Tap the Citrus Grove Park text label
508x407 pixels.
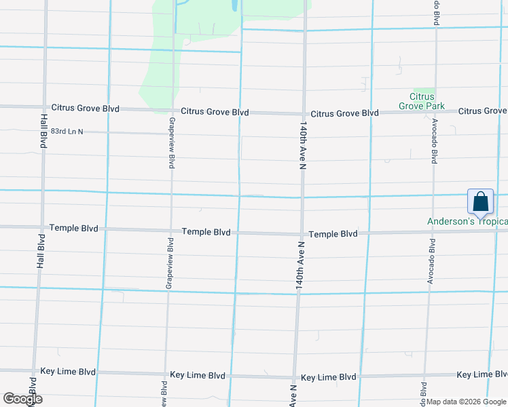(421, 102)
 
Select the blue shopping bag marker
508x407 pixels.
(480, 202)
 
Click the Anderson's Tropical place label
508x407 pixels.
(467, 221)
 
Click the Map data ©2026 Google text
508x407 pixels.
(466, 402)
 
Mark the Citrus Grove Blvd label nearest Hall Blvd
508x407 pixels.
(86, 108)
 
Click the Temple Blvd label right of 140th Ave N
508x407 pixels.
(333, 234)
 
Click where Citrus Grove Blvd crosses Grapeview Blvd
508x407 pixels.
(173, 110)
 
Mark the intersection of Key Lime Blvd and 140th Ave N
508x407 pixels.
(295, 376)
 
